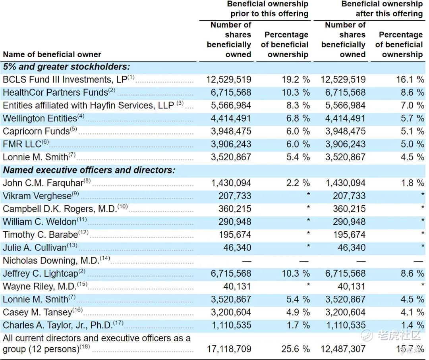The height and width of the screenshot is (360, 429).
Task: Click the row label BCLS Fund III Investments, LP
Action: pos(66,79)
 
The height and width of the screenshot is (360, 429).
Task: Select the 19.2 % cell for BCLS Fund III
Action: pos(296,79)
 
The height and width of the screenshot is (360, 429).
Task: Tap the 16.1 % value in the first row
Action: pos(410,79)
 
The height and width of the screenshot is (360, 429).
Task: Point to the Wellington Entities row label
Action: pos(40,118)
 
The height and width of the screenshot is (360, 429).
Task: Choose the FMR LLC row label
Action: pos(22,144)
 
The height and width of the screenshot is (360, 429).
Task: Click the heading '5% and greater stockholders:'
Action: pos(66,67)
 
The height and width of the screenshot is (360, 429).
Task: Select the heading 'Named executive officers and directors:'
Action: pos(89,170)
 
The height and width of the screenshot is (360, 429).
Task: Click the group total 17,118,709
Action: pos(229,349)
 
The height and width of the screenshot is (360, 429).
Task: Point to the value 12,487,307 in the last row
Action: pos(344,349)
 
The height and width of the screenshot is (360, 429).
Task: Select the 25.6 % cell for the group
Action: pos(296,349)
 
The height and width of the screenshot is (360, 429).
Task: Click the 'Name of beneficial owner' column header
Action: pos(52,54)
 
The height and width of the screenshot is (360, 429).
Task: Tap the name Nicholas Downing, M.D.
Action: pos(51,260)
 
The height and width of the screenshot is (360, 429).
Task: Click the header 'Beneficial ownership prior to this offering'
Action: pos(268,9)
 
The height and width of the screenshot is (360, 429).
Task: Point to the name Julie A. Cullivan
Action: pos(35,248)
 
